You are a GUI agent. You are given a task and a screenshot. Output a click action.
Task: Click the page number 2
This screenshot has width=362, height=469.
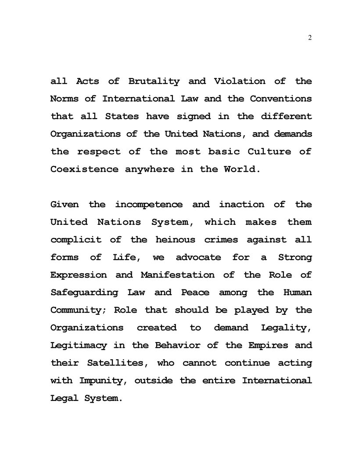pyautogui.click(x=310, y=38)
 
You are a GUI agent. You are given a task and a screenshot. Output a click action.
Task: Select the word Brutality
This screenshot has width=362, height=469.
pyautogui.click(x=154, y=82)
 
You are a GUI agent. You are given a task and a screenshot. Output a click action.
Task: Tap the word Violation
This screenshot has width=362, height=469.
pyautogui.click(x=240, y=82)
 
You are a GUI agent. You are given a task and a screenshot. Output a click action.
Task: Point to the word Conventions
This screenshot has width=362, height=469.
pyautogui.click(x=281, y=99)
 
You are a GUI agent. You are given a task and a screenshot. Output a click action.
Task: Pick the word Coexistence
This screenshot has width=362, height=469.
pyautogui.click(x=84, y=170)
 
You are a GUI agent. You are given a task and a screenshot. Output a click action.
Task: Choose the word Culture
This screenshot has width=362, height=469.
pyautogui.click(x=269, y=152)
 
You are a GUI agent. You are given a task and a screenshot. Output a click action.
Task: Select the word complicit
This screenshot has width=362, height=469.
pyautogui.click(x=76, y=240)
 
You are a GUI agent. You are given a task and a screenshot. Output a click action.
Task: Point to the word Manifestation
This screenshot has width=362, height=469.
pyautogui.click(x=178, y=275)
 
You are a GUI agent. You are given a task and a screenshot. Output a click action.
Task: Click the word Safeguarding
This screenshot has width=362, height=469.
pyautogui.click(x=84, y=292)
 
